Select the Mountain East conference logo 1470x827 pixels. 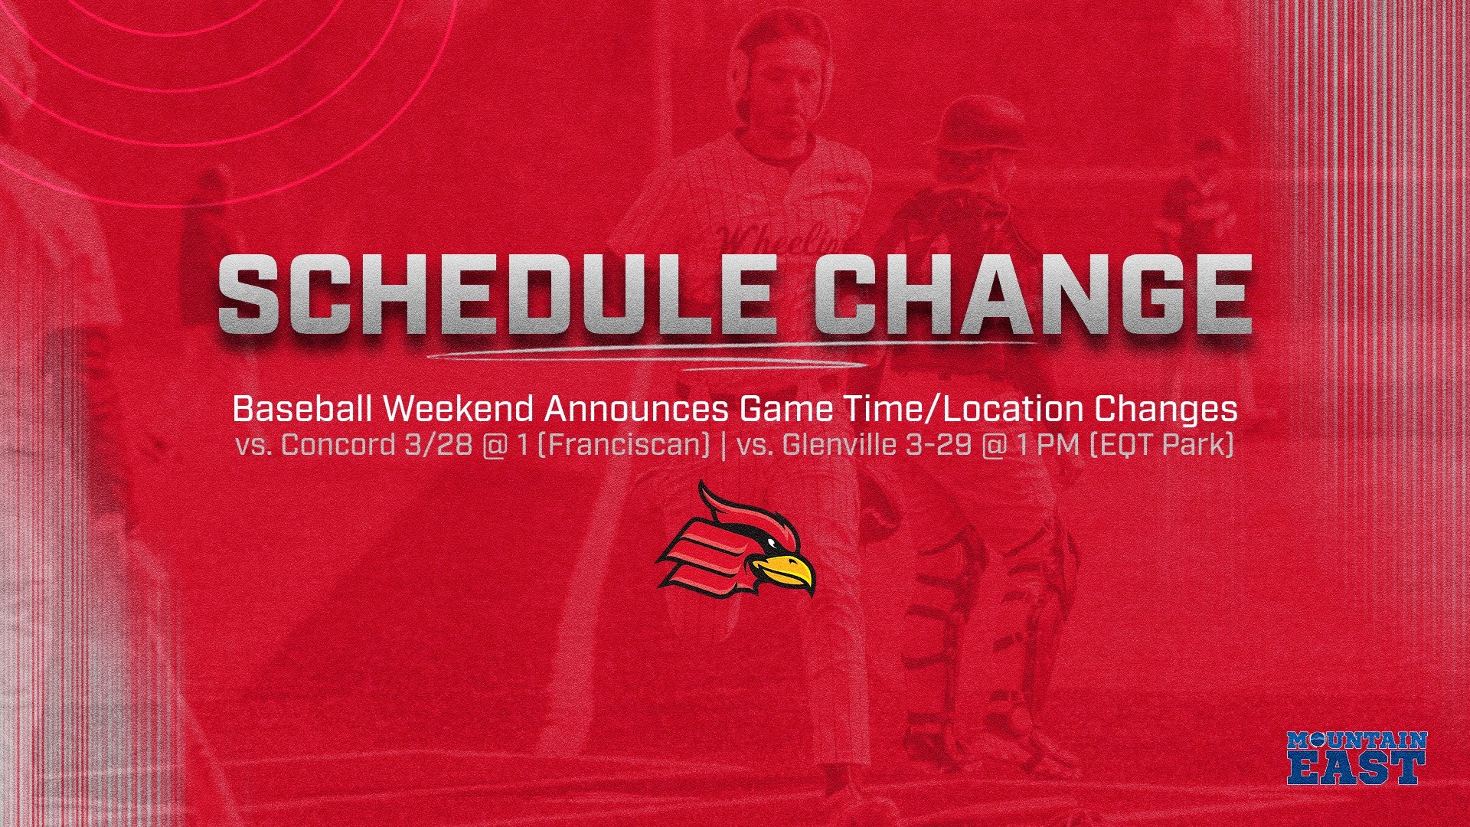pos(1357,757)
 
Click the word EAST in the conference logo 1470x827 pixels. pos(1357,768)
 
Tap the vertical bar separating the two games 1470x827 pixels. pos(723,445)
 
